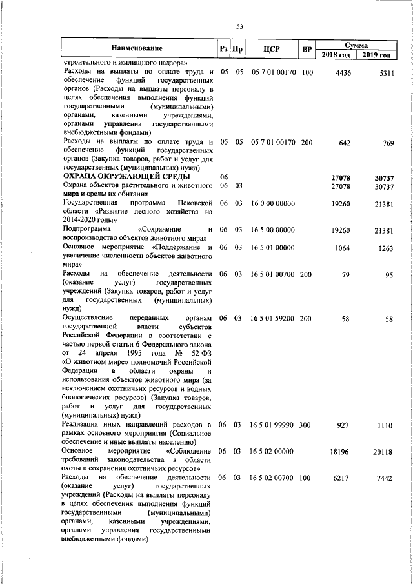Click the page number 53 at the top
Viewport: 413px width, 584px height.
(239, 26)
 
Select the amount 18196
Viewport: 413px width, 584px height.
(340, 452)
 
